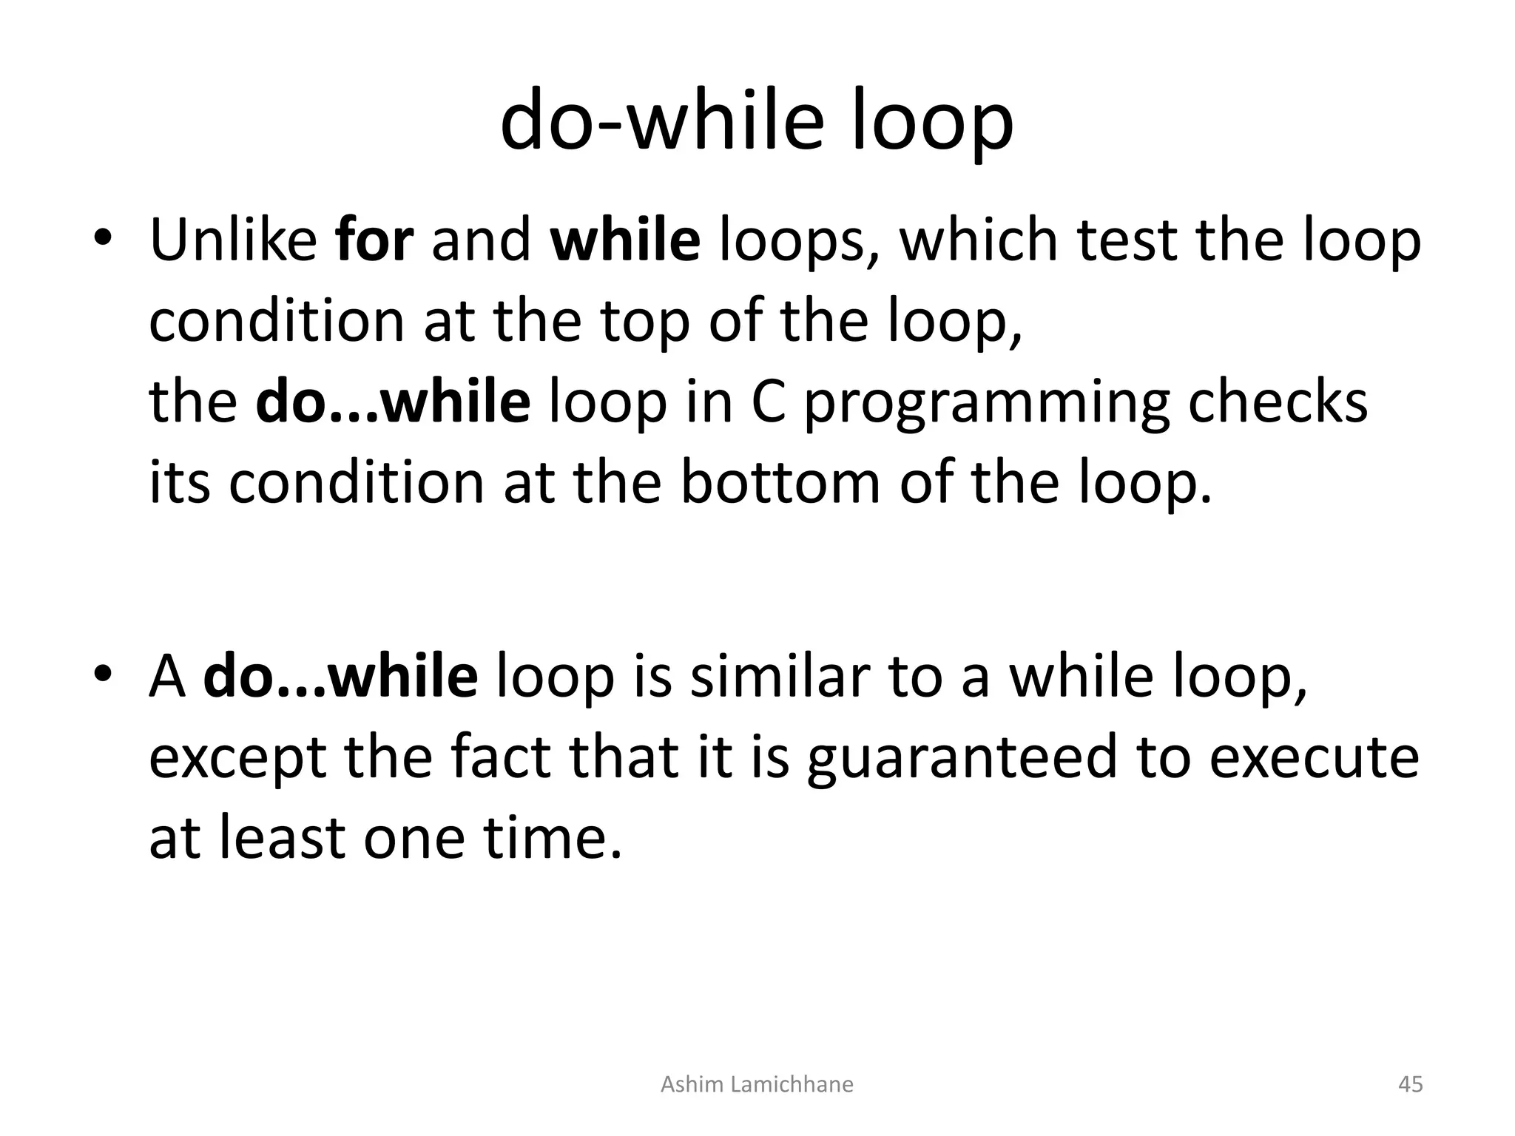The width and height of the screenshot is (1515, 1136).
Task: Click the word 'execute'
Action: pos(1314,758)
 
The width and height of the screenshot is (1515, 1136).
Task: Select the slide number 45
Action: pos(1410,1084)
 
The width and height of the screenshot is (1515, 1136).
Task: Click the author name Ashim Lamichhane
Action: pos(757,1084)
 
